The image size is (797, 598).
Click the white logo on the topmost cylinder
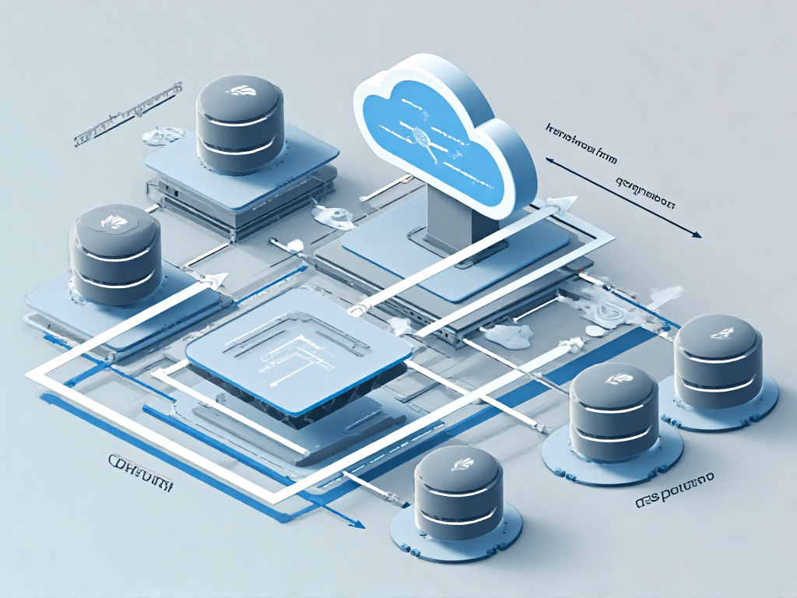[x=238, y=91]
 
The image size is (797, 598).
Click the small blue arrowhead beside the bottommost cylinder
[x=356, y=524]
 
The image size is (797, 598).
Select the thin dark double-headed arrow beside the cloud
[x=623, y=195]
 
